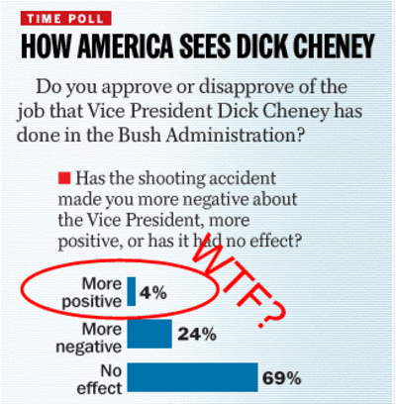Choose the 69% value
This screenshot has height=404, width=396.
[x=281, y=378]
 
